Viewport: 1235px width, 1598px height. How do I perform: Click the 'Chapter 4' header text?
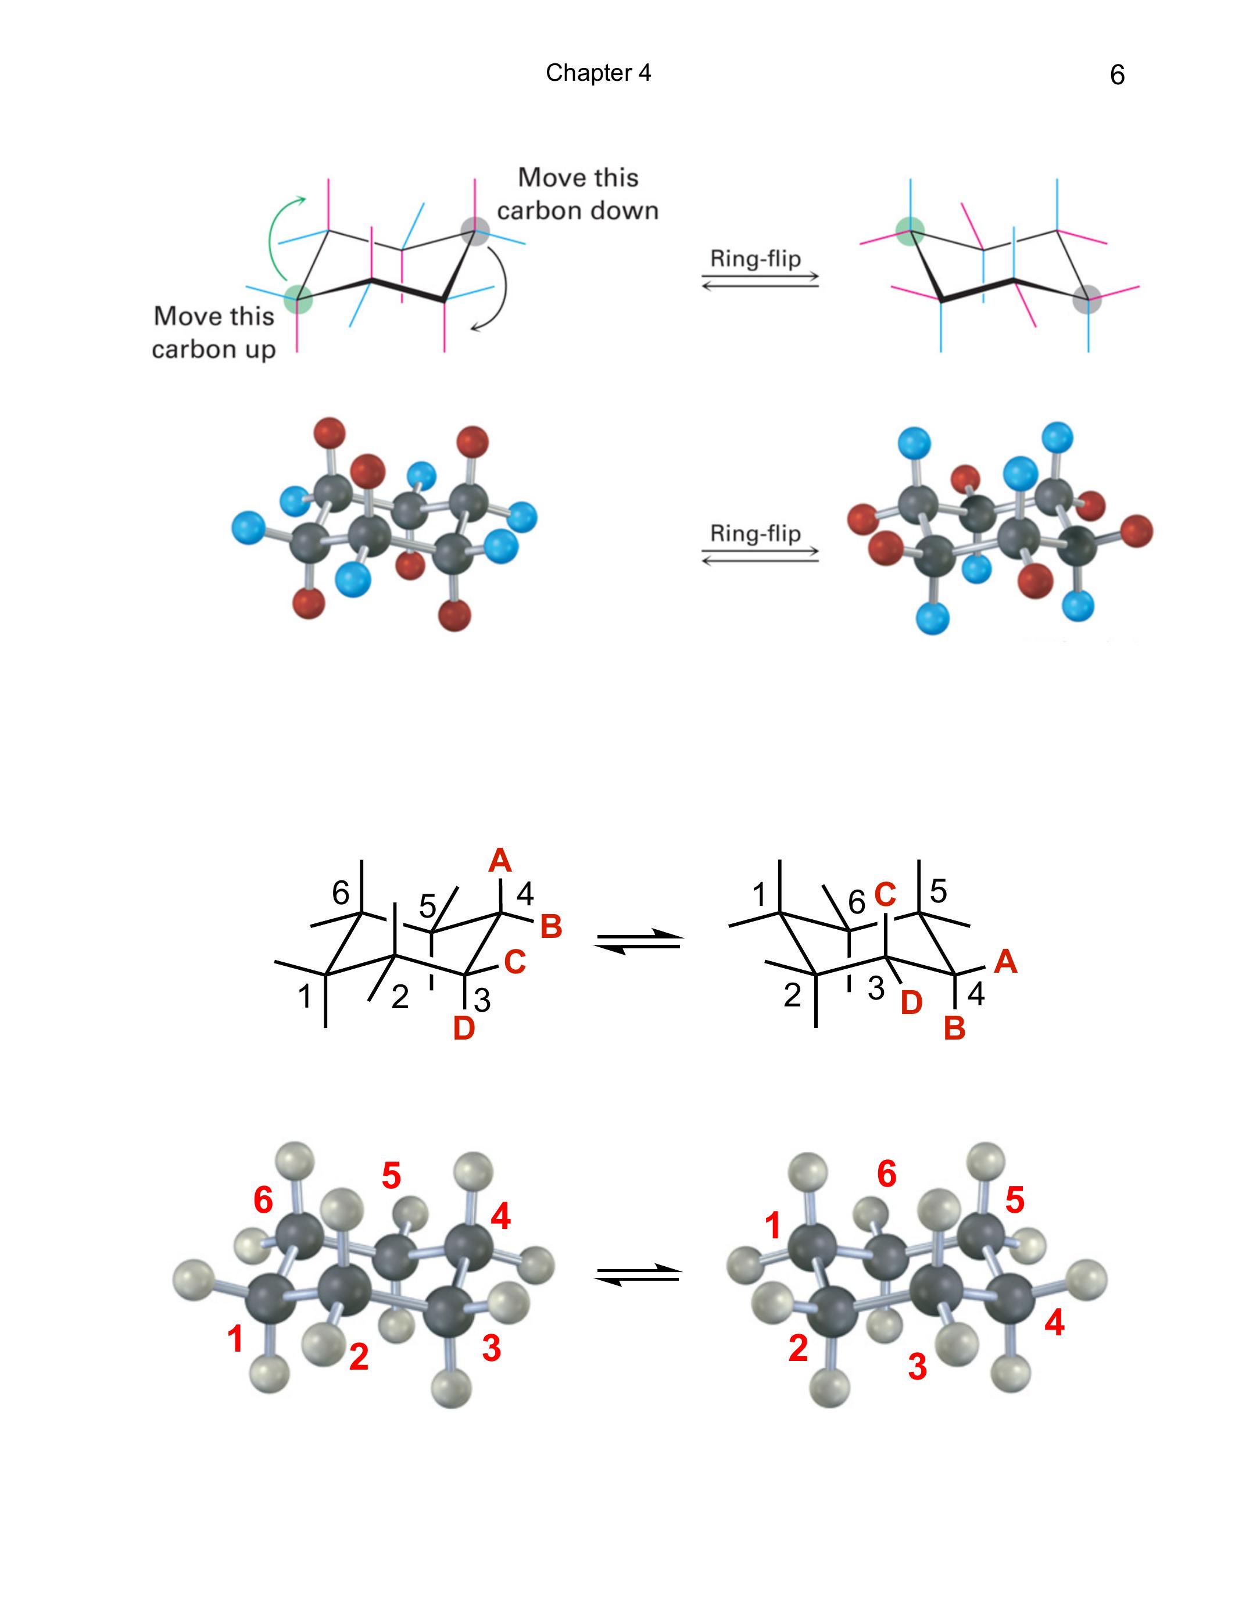point(598,73)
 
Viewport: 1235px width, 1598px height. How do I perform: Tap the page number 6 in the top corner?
point(1116,74)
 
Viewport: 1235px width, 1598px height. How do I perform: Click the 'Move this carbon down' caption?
point(578,194)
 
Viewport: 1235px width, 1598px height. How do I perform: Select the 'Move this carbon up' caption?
point(214,332)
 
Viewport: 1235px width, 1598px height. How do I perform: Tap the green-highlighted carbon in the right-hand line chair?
point(910,231)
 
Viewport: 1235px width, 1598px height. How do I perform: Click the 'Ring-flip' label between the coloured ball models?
point(756,533)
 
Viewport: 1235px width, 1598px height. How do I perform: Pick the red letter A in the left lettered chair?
point(500,861)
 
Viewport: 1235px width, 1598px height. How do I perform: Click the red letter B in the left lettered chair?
point(551,926)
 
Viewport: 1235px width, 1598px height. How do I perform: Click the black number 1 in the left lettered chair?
point(305,997)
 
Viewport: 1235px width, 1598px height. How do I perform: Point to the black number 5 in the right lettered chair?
point(939,891)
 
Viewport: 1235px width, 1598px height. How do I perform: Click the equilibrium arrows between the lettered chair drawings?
point(638,942)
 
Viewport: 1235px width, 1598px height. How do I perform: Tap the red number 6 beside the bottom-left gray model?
point(263,1200)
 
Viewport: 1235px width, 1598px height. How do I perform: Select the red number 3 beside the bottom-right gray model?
point(918,1367)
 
